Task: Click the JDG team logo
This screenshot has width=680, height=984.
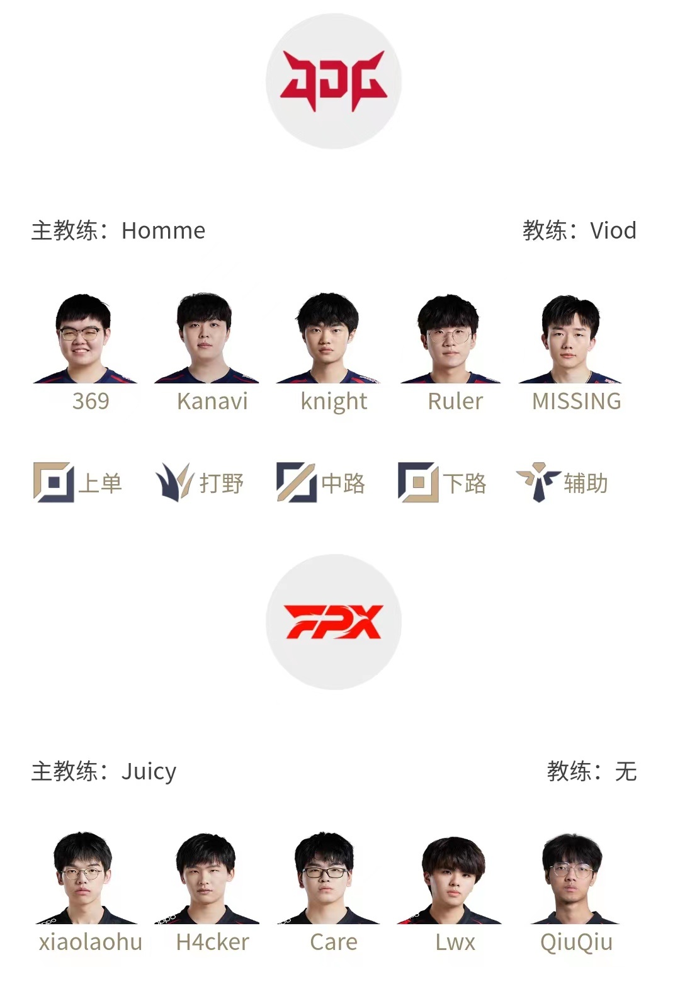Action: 334,81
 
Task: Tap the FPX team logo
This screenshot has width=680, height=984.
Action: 334,621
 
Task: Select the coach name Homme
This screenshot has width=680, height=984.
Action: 164,230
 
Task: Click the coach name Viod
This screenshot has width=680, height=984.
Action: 613,230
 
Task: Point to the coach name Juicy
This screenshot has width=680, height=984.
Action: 149,772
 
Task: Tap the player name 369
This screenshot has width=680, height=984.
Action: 91,401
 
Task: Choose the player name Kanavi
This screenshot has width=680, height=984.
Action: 213,401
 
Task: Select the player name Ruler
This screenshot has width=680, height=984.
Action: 455,401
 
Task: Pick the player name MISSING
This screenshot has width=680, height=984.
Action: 577,401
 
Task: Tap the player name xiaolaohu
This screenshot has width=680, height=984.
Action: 91,942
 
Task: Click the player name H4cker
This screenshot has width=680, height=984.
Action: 213,942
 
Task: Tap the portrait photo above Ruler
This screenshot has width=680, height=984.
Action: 450,338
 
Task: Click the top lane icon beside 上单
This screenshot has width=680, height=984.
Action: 54,482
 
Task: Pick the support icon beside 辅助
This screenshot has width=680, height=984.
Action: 538,482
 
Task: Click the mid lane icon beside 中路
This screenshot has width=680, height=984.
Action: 297,482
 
